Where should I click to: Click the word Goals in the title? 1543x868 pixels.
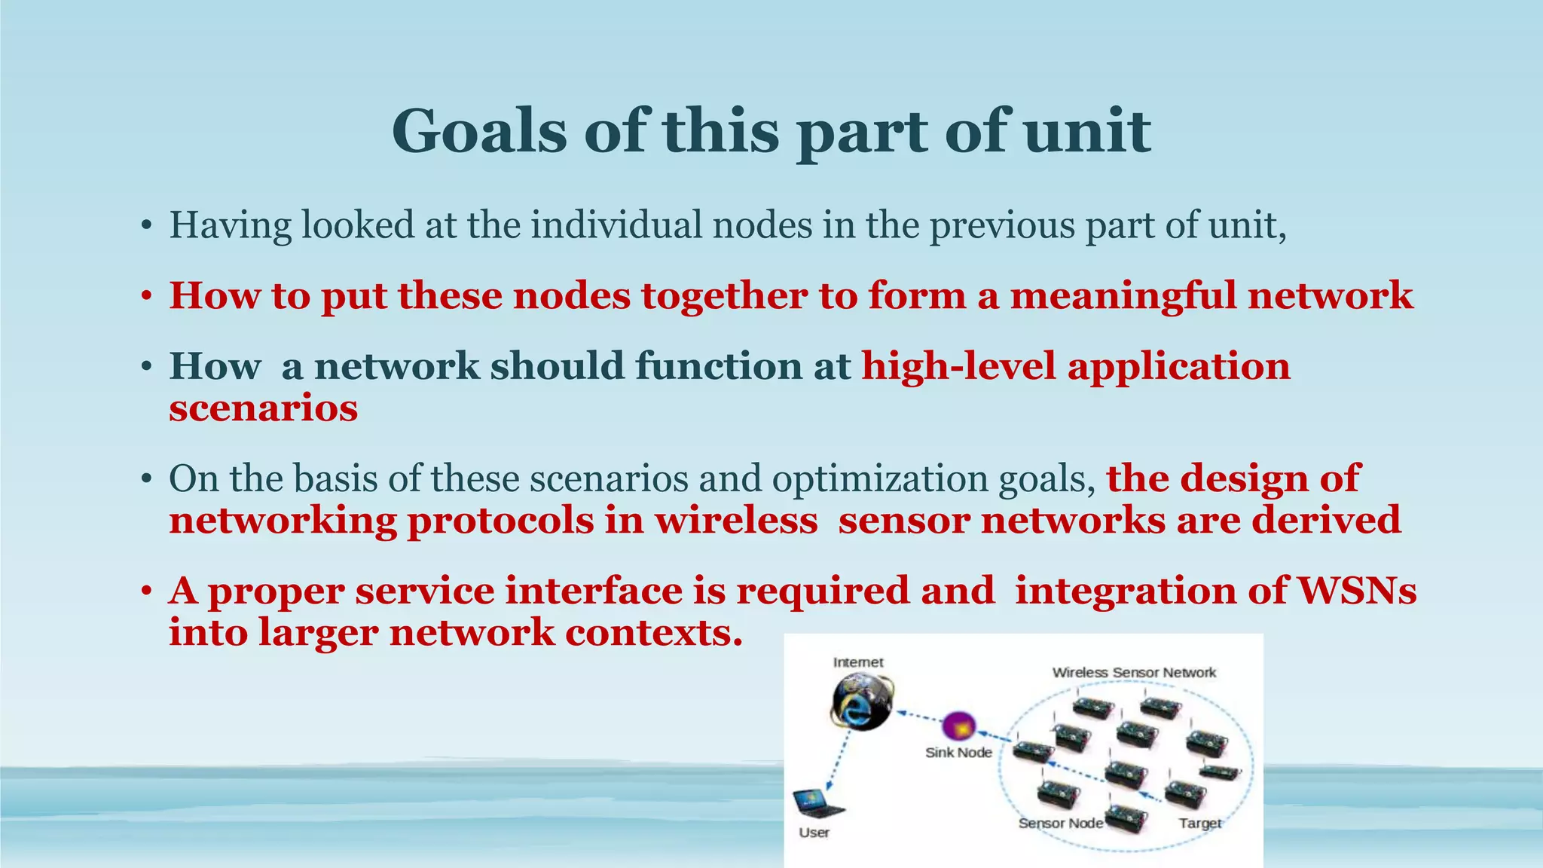pyautogui.click(x=479, y=132)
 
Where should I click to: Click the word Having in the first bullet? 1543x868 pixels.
pyautogui.click(x=230, y=225)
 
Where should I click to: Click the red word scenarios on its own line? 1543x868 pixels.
pyautogui.click(x=263, y=408)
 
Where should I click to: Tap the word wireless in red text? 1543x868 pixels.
pyautogui.click(x=736, y=521)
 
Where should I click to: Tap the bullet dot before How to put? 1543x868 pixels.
pyautogui.click(x=146, y=297)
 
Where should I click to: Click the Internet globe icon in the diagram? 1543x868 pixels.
pyautogui.click(x=861, y=701)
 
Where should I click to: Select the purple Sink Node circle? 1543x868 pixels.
pyautogui.click(x=959, y=727)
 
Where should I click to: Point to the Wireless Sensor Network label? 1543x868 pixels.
pyautogui.click(x=1134, y=672)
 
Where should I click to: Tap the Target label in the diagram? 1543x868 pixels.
pyautogui.click(x=1199, y=823)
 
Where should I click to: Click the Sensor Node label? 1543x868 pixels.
pyautogui.click(x=1060, y=823)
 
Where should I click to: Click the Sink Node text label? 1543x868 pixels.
pyautogui.click(x=958, y=753)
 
